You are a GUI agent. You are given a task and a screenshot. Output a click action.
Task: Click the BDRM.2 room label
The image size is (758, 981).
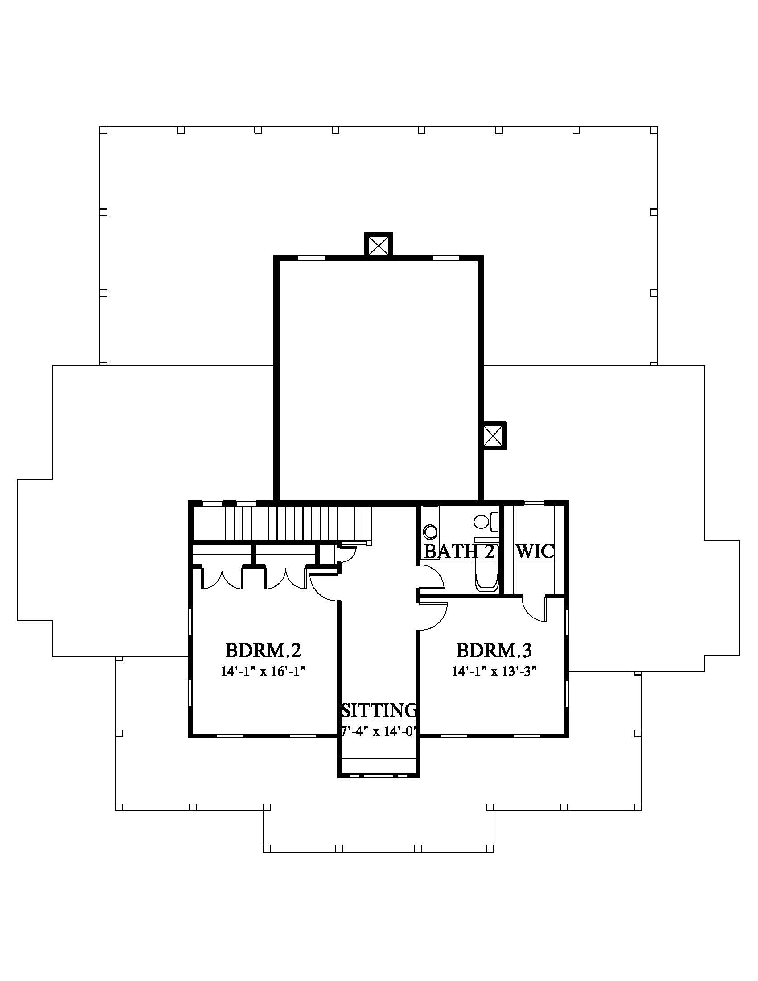coord(263,650)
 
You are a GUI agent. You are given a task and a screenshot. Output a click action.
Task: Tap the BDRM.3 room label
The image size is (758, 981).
coord(494,650)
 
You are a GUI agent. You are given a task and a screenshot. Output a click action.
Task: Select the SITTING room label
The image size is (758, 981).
coord(379,710)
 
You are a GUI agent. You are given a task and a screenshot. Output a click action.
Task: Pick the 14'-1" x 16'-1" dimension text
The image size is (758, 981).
coord(263,672)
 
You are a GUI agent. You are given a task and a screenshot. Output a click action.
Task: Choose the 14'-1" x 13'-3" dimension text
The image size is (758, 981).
coord(494,672)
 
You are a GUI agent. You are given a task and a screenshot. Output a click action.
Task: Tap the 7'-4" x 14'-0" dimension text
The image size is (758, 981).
coord(379,732)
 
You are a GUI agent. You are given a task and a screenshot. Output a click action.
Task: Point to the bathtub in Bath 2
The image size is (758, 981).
coord(486,565)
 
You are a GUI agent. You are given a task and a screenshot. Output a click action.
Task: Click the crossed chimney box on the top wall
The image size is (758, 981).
coord(378,245)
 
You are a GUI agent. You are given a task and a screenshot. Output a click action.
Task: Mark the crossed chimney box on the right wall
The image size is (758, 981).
coord(493,435)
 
